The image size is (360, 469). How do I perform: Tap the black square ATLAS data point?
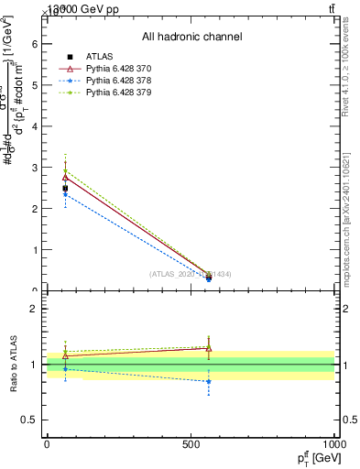65,189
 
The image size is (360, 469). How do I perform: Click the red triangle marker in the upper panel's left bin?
65,176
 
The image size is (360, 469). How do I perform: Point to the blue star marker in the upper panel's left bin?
65,194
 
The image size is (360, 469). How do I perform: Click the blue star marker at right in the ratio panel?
209,381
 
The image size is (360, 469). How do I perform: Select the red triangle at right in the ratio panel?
209,348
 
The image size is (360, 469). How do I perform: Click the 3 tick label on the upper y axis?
33,168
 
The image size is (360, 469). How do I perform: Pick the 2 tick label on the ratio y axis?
33,309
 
